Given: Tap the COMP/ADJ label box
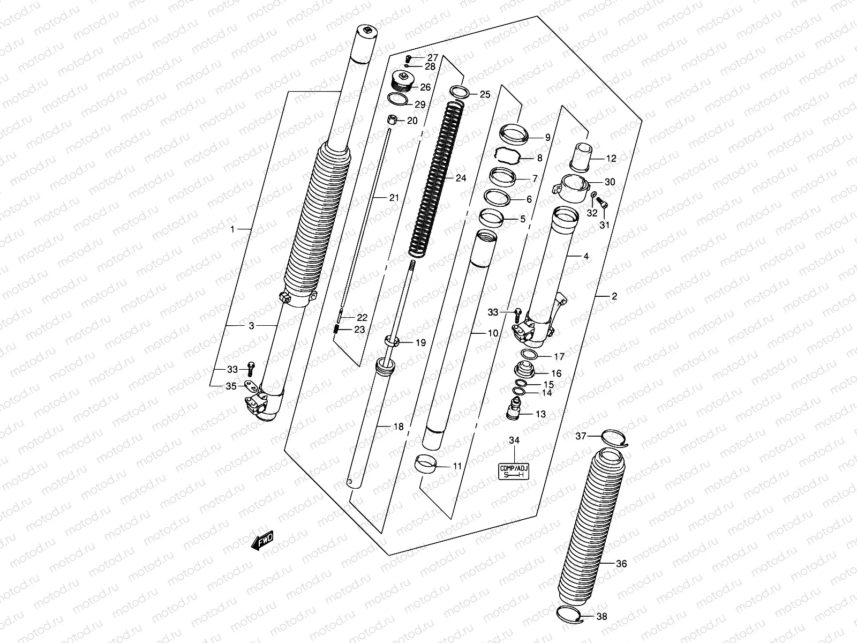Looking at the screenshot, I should [514, 472].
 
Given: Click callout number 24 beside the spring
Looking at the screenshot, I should [461, 178].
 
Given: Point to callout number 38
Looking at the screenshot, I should [602, 617].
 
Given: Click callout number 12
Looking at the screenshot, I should [611, 159].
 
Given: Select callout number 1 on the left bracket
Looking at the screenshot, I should [232, 229].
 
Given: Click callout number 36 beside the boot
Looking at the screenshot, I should [621, 564].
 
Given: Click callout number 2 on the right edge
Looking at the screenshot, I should [614, 296].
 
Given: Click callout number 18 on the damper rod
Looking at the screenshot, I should [398, 427].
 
